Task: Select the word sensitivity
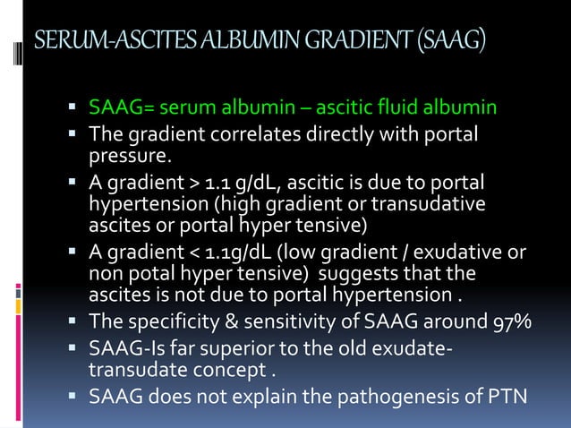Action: (284, 321)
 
